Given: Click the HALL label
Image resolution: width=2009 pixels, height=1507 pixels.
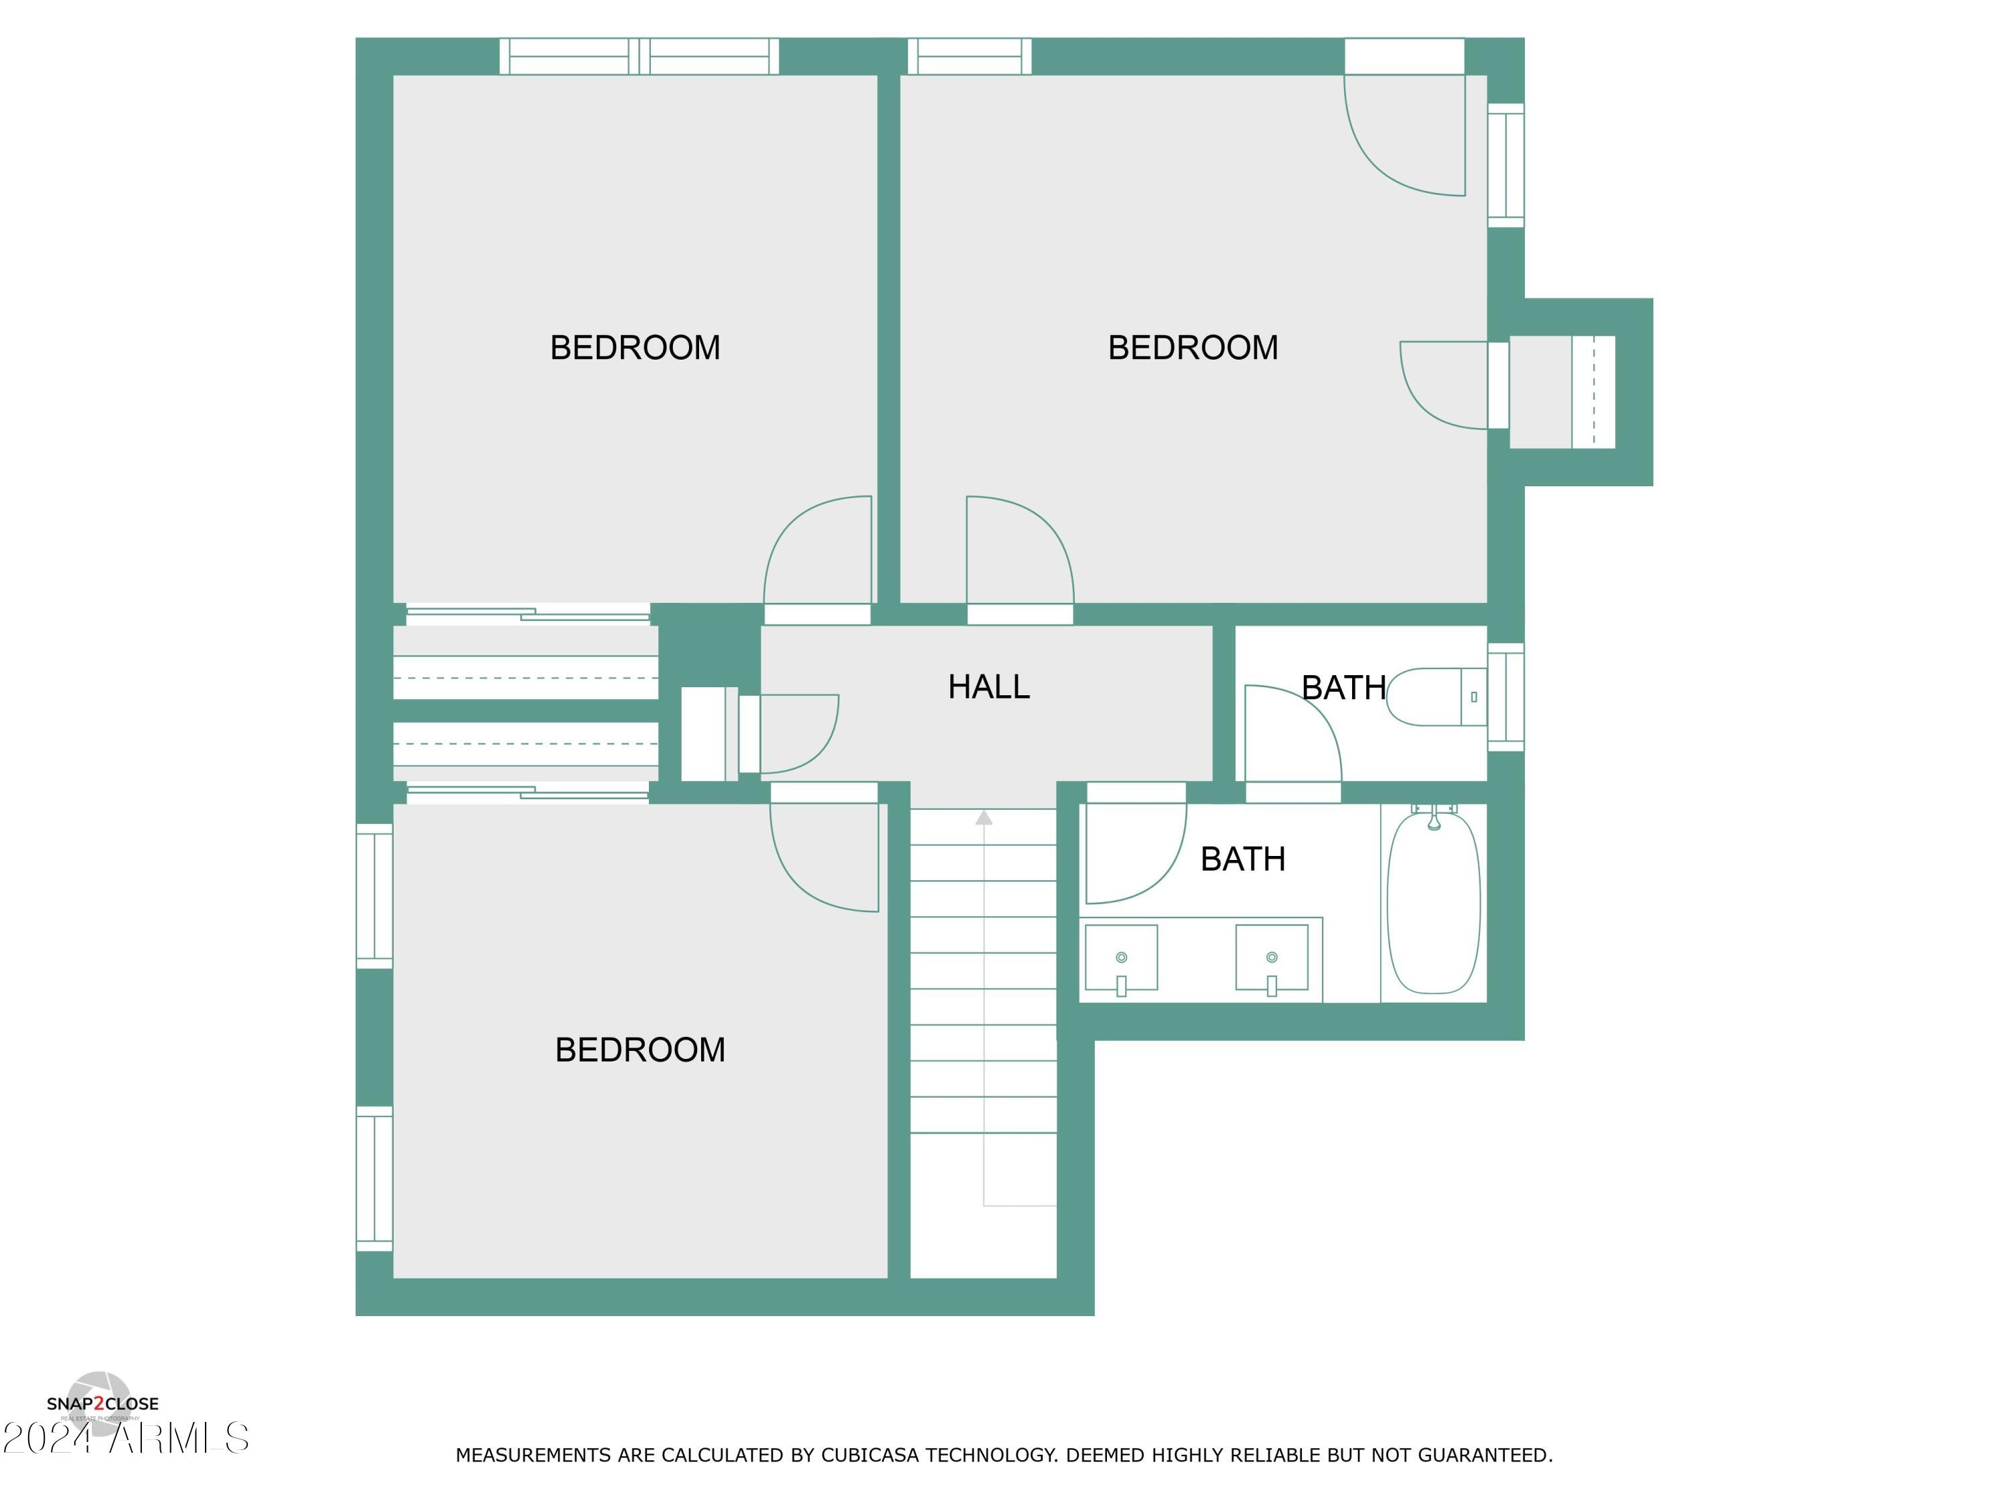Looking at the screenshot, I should coord(988,687).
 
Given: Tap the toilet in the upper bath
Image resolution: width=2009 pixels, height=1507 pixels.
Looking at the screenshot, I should coord(1435,697).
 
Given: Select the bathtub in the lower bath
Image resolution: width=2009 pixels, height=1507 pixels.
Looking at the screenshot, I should coord(1433,903).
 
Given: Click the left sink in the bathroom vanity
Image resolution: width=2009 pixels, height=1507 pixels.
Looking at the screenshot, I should coord(1121,958).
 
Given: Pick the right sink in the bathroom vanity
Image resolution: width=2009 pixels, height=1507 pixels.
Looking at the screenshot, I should coord(1272,958).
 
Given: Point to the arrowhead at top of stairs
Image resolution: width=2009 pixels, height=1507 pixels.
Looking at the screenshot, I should coord(984,818).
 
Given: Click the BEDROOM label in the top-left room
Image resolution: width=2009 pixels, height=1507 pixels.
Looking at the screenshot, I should coord(635,348).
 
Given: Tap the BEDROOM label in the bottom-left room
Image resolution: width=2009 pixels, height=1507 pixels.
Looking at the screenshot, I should coord(640,1050).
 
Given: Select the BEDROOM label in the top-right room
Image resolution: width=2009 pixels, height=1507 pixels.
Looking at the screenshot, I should coord(1193,348).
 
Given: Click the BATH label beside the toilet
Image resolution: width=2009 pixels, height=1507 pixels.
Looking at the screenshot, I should coord(1343,688).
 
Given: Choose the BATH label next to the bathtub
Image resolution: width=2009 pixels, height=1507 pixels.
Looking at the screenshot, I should coord(1242,859).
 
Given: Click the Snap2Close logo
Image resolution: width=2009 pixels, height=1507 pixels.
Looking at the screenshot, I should coord(102,1403).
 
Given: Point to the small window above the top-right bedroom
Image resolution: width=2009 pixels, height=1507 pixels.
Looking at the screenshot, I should coord(969,56).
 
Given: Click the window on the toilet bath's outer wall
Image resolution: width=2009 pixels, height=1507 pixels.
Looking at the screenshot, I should coord(1505,697).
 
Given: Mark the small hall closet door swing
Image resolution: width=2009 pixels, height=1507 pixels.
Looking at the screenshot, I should coord(798,734).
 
